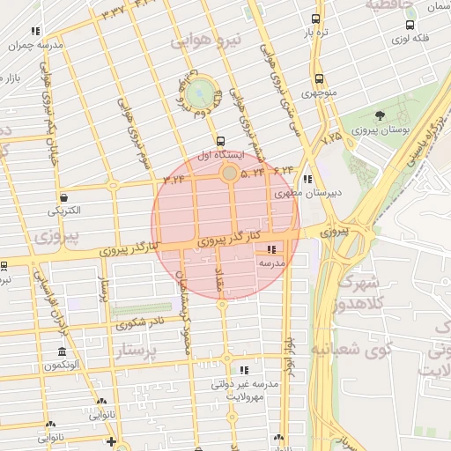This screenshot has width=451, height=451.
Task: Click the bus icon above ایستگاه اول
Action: pos(219,140)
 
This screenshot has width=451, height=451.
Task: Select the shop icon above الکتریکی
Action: pos(63,198)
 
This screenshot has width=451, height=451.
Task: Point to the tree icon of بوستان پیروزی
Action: pos(380,115)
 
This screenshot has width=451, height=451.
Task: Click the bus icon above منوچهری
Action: pos(318,78)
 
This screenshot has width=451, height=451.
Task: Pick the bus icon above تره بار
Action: pos(317,18)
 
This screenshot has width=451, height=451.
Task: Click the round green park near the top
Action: pos(201,91)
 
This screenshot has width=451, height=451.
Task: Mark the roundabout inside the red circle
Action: pos(229,174)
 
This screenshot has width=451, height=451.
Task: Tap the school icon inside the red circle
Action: pos(270,249)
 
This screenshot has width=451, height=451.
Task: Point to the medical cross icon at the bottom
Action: pos(111,441)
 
